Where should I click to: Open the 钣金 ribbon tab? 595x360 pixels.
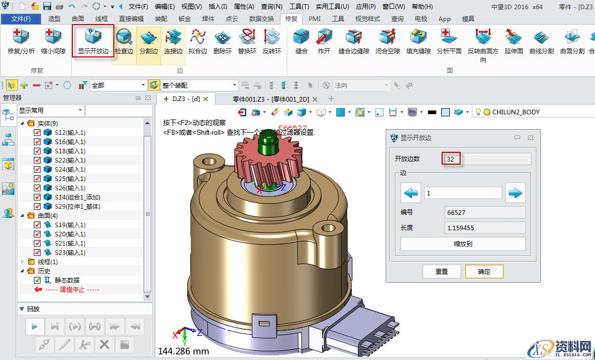tap(185, 18)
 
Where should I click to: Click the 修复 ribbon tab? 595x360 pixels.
tap(291, 18)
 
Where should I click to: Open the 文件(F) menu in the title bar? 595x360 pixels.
tap(138, 7)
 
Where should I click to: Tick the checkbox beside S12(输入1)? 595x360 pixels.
tap(37, 133)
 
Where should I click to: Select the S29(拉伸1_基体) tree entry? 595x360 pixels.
tap(77, 207)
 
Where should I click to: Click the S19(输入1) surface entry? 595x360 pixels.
tap(70, 225)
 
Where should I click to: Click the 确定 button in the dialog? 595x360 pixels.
tap(484, 271)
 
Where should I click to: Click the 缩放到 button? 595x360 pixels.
tap(463, 244)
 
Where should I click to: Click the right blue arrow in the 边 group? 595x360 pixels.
tap(515, 193)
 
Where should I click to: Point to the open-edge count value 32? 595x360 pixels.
tap(451, 159)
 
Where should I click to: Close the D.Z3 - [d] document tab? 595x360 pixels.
tap(206, 98)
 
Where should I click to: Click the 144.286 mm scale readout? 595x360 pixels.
tap(184, 351)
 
